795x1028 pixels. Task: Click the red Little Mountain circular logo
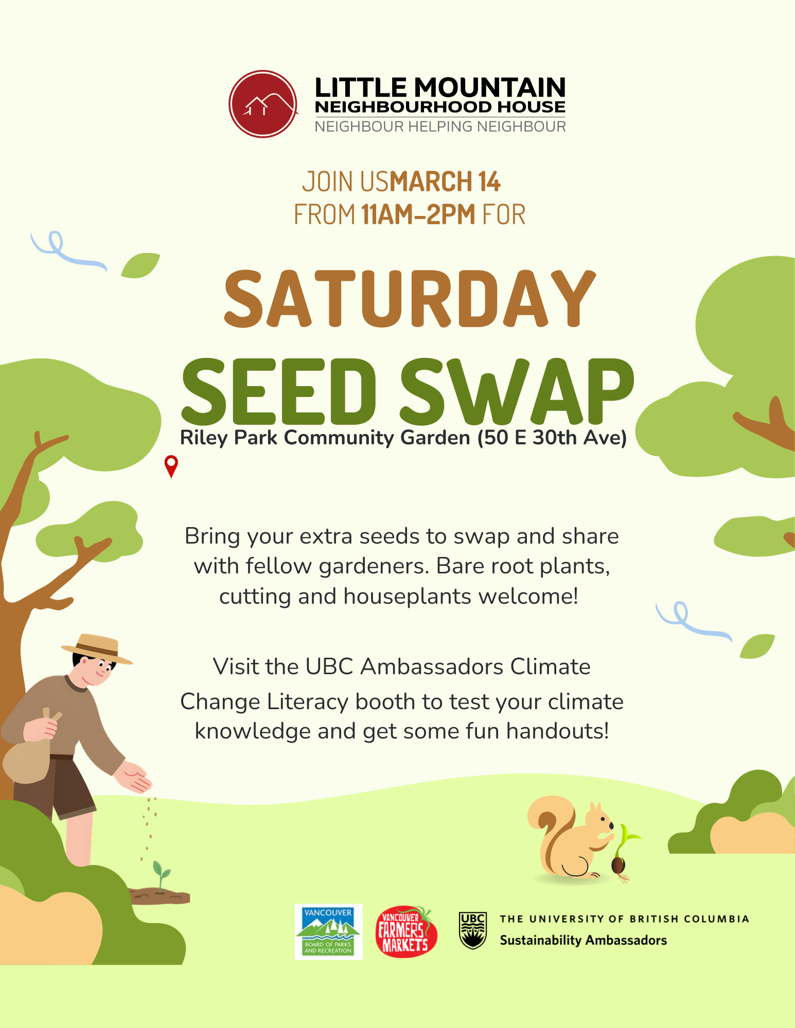coord(263,104)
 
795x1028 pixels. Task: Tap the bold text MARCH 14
coord(445,182)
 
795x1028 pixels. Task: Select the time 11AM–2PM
coord(418,215)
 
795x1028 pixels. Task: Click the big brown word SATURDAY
coord(409,299)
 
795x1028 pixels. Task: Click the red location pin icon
coord(171,465)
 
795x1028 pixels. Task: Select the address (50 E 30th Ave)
coord(552,438)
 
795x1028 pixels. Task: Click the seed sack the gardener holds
coord(28,756)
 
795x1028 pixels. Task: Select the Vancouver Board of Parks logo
coord(328,932)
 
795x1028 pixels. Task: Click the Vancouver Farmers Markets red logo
coord(406,932)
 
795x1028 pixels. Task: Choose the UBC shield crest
coord(472,930)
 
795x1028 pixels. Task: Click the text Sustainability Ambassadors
coord(583,941)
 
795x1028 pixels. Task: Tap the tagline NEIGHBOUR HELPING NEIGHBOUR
coord(440,127)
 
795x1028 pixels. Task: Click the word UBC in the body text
coord(329,667)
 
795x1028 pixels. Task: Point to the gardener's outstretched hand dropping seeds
coord(134,778)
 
